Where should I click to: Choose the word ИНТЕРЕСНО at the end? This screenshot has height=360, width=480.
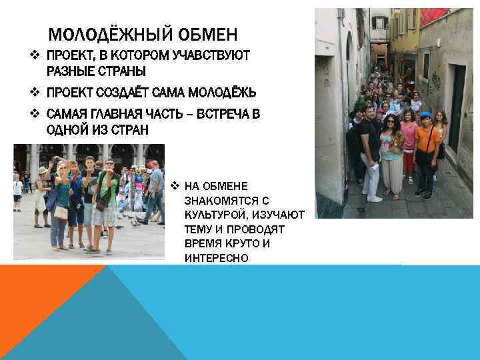pos(216,257)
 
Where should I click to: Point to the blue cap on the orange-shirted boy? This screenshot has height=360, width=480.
pos(425,116)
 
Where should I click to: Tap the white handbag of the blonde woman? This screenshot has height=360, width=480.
pos(61,212)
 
